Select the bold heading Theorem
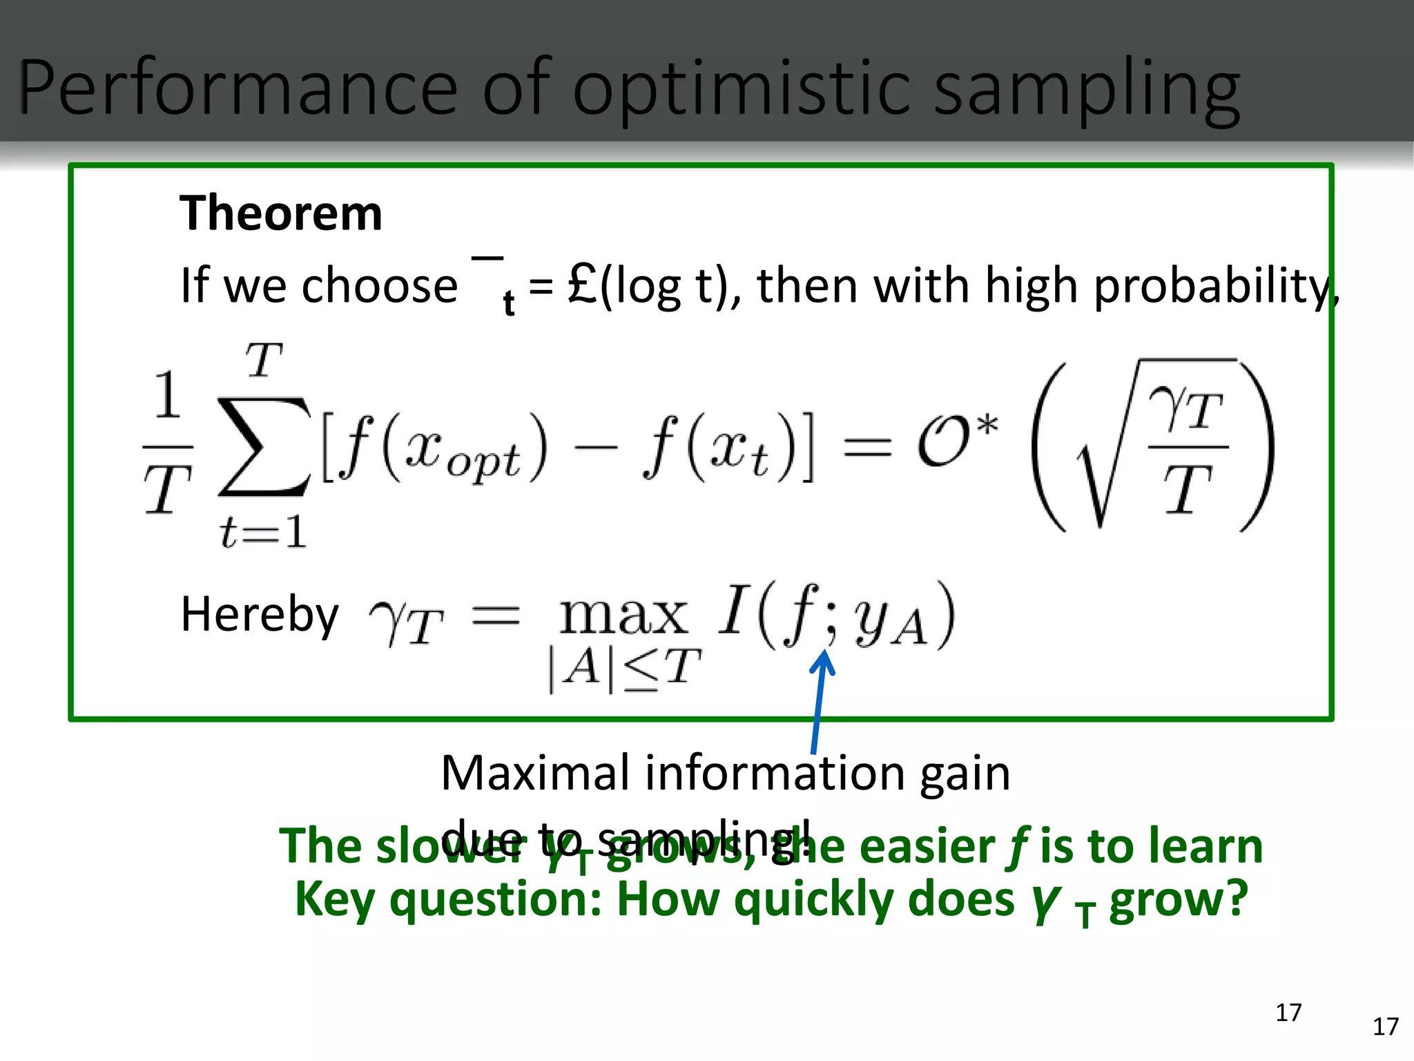coord(280,213)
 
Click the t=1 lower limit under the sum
coord(262,533)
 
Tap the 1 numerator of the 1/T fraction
coord(168,395)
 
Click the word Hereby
coord(260,614)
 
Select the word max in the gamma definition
coord(623,614)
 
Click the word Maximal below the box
coord(536,773)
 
